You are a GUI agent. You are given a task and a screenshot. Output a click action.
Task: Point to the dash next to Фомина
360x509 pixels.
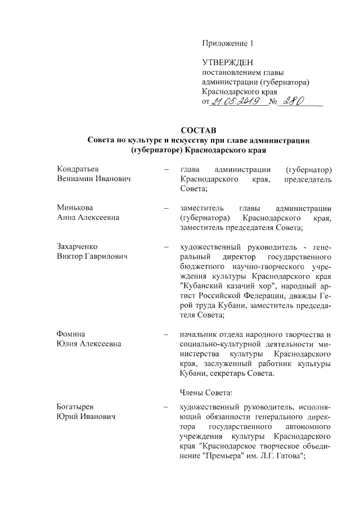pos(166,335)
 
